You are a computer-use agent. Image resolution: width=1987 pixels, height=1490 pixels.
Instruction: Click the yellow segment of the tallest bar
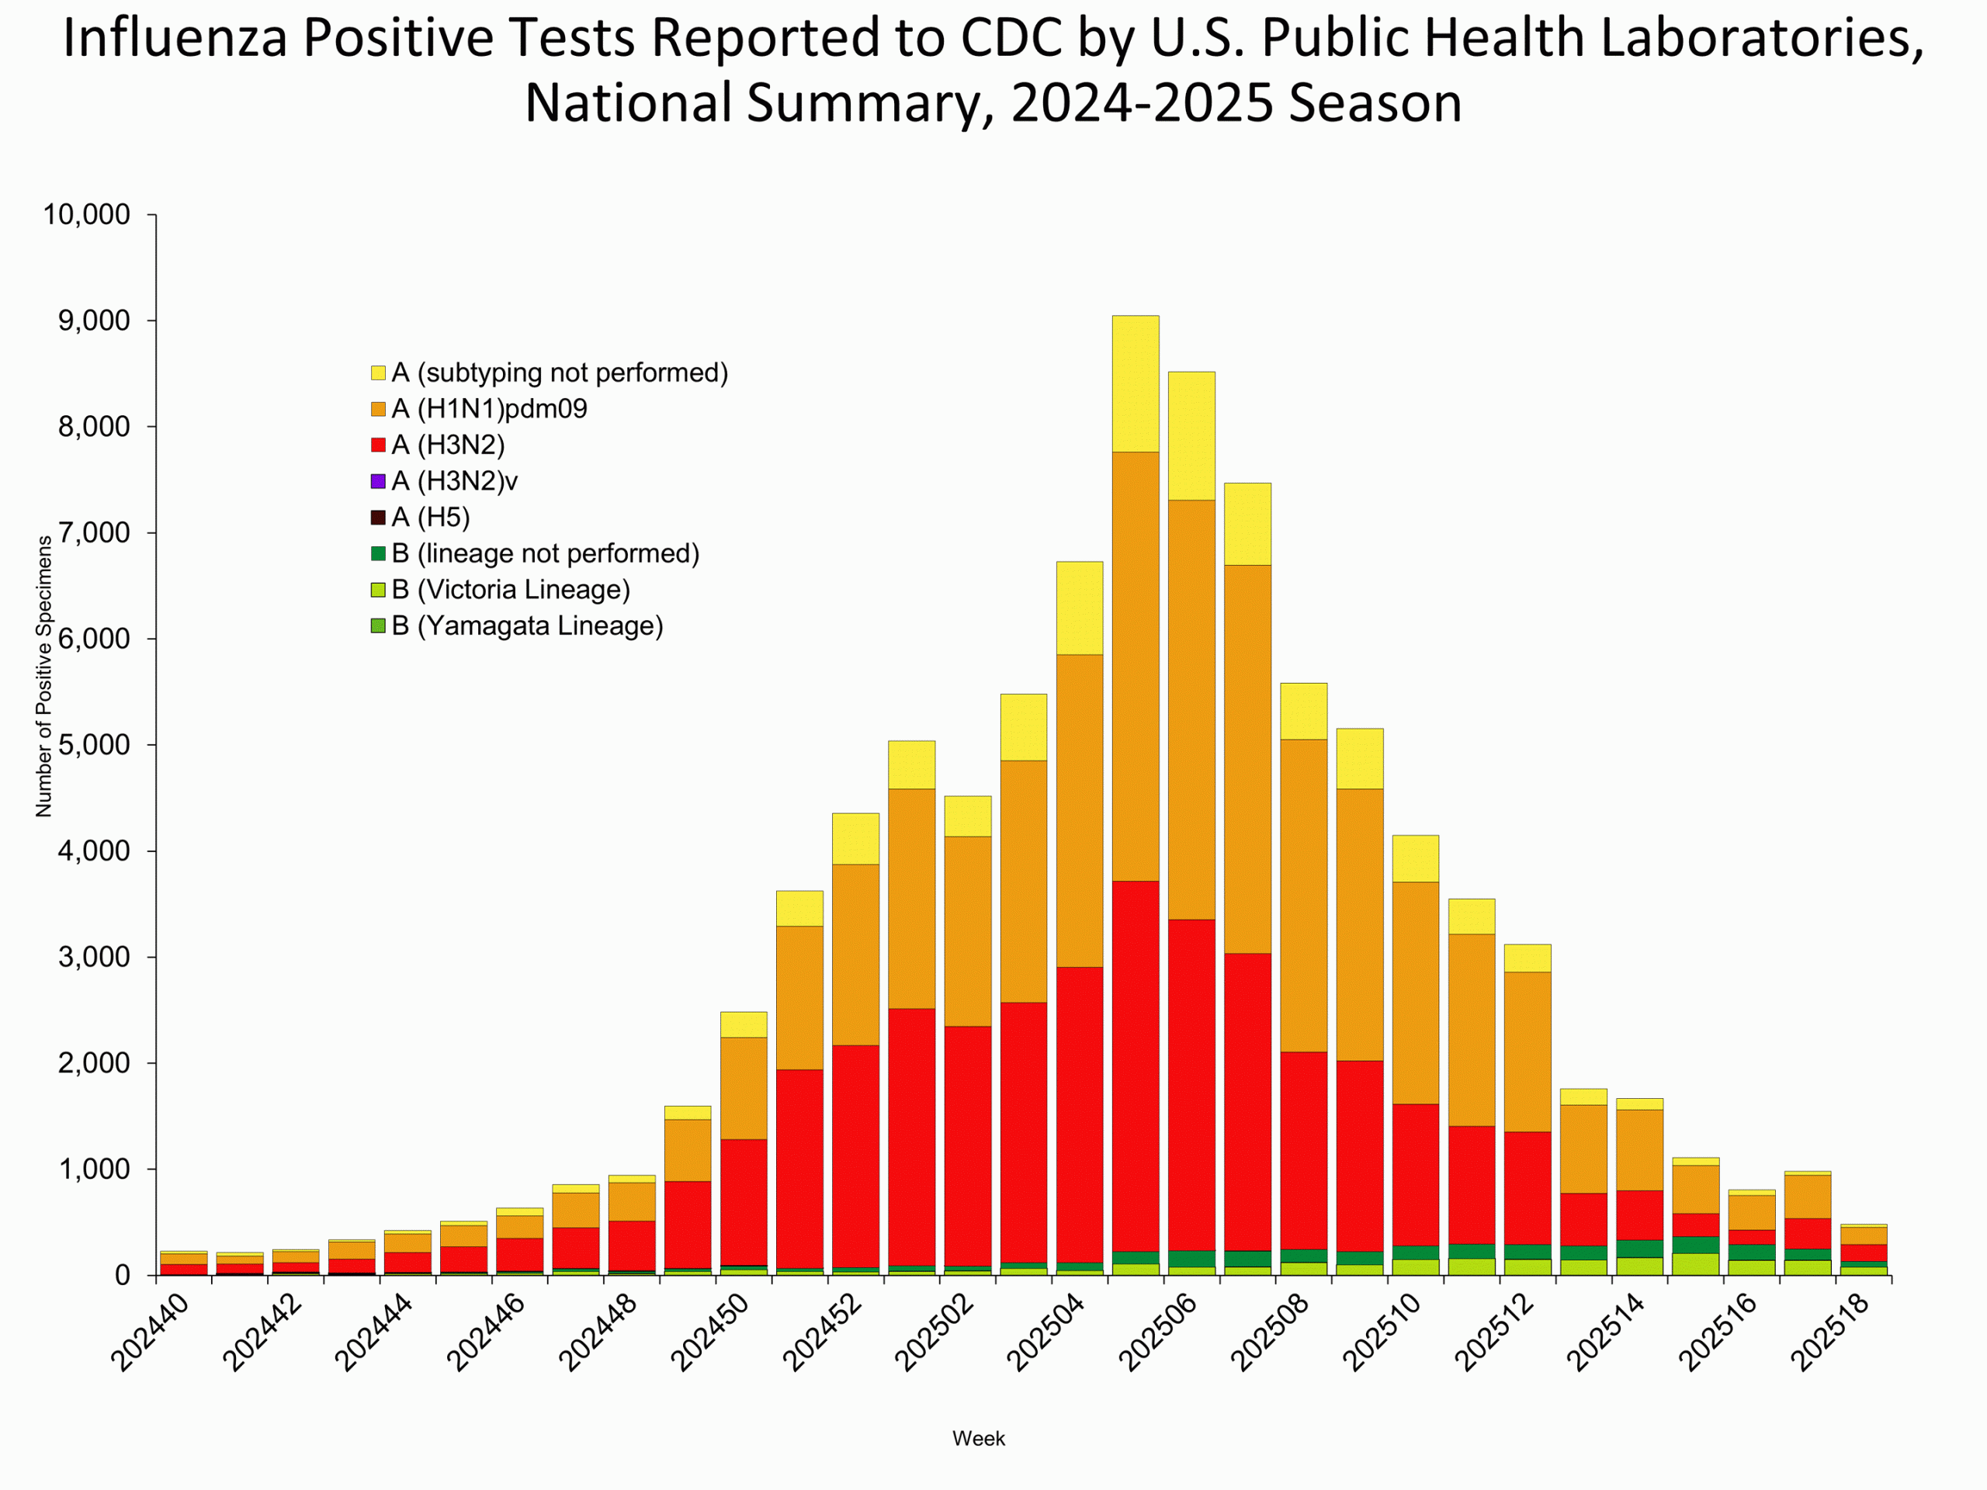(x=1136, y=383)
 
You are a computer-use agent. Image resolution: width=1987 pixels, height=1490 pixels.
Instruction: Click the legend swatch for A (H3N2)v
(x=378, y=481)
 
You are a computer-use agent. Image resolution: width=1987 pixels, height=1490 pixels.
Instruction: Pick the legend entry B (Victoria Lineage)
(x=510, y=590)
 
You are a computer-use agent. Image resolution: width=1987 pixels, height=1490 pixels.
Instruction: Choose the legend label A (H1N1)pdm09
(x=489, y=410)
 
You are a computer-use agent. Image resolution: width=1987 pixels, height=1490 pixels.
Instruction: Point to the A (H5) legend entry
(x=430, y=518)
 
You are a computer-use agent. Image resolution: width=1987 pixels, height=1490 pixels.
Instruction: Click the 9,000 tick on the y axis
(x=95, y=321)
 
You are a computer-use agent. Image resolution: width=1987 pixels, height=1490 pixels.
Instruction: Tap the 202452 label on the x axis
(x=822, y=1334)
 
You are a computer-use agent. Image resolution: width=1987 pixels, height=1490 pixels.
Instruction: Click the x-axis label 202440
(x=149, y=1334)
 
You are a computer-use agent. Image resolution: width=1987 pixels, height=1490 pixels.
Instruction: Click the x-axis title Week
(x=978, y=1438)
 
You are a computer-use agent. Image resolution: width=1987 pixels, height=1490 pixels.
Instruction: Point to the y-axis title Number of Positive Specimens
(x=43, y=676)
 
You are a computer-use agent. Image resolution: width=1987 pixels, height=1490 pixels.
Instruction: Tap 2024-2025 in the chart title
(x=1142, y=102)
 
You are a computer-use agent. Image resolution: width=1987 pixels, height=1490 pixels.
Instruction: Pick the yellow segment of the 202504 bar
(x=1079, y=608)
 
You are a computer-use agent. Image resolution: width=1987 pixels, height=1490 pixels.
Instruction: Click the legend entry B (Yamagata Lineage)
(x=526, y=626)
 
